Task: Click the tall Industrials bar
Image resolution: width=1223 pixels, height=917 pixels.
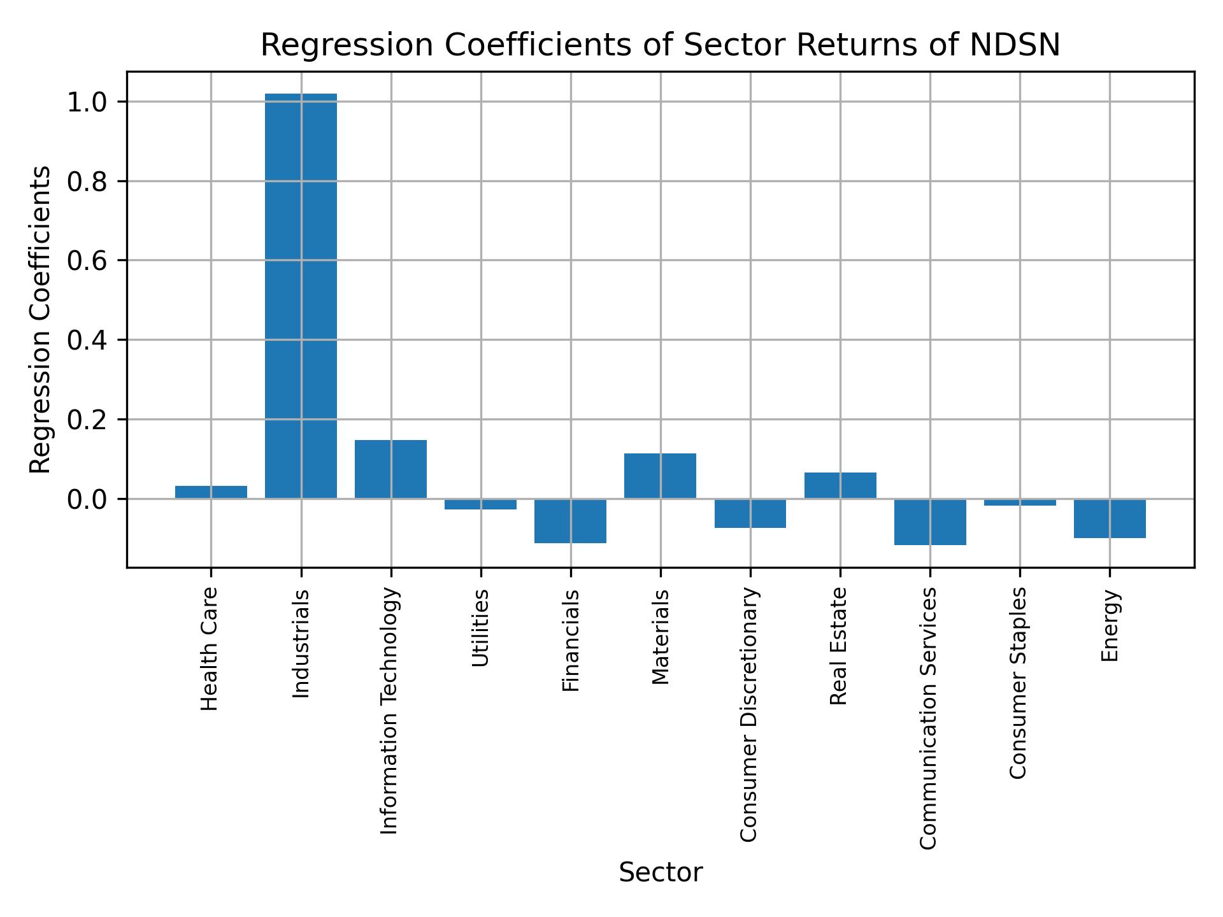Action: tap(301, 296)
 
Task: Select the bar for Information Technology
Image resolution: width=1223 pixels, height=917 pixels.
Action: tap(390, 469)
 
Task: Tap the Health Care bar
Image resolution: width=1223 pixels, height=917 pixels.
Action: tap(211, 492)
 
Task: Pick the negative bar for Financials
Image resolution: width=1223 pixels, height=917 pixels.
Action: tap(570, 521)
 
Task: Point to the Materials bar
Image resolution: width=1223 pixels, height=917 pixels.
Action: tap(660, 476)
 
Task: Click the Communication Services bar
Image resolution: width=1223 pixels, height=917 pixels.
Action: tap(930, 522)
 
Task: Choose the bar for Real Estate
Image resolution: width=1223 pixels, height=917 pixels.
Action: tap(840, 485)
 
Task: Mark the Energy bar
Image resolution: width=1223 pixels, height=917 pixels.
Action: tap(1110, 518)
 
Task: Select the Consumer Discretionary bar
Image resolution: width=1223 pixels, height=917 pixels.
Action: tap(750, 513)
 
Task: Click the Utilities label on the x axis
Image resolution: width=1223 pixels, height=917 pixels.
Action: tap(481, 628)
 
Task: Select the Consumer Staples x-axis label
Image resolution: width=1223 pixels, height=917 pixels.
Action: tap(1019, 683)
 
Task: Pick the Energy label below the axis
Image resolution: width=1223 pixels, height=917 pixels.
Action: tap(1110, 625)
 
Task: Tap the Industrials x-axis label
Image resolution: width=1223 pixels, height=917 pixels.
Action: tap(301, 644)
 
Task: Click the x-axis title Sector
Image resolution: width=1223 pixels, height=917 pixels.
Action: tap(661, 872)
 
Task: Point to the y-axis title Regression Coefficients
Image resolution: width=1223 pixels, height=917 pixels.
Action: tap(41, 320)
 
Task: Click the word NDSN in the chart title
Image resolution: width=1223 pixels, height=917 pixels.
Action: tap(1015, 45)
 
